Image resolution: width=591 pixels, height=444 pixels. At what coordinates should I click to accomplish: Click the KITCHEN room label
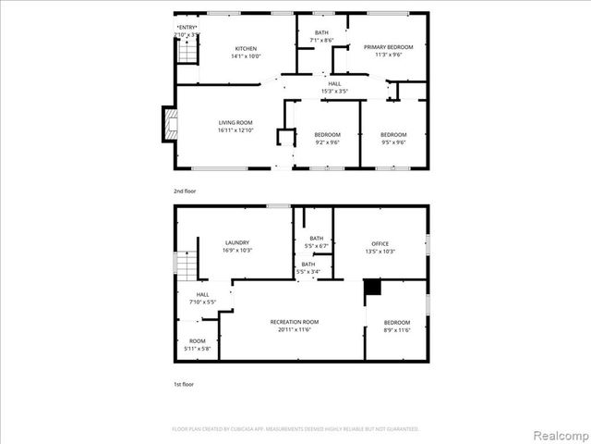(x=245, y=48)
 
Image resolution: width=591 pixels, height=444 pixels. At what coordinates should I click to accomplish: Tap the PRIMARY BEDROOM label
(x=388, y=46)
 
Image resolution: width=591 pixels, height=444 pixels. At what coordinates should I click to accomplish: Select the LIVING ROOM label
(x=235, y=123)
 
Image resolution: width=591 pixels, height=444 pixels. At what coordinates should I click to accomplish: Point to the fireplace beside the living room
(x=167, y=124)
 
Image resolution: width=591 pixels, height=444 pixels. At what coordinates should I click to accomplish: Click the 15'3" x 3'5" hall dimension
(x=333, y=91)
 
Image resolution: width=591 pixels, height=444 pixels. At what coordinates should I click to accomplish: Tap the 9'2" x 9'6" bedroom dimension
(x=327, y=142)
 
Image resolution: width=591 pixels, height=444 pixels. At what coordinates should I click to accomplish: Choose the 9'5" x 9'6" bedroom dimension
(x=393, y=142)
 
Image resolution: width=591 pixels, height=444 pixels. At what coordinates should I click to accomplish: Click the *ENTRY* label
(x=187, y=27)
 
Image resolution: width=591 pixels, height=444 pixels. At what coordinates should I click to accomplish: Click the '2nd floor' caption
(x=184, y=191)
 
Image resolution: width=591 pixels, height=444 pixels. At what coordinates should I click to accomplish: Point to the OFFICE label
(x=380, y=243)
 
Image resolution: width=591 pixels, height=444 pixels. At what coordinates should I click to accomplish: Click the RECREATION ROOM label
(x=295, y=322)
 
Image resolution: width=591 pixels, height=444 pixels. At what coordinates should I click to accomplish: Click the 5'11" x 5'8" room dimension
(x=198, y=348)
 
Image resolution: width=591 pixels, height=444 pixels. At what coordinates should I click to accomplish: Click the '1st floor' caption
(x=184, y=383)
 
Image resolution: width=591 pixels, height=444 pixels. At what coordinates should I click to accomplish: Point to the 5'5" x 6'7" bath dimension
(x=317, y=246)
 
